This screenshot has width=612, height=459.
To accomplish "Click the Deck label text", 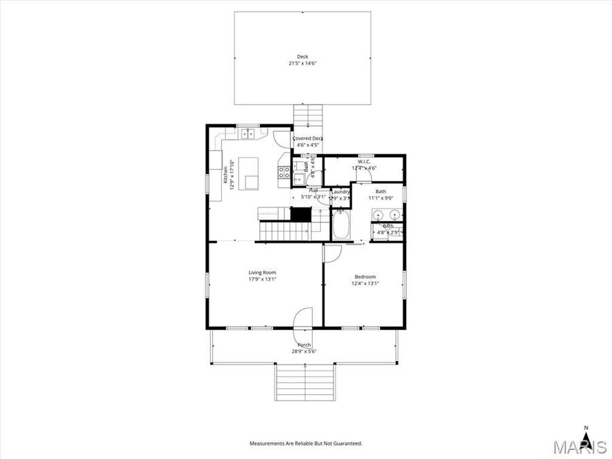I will (303, 56).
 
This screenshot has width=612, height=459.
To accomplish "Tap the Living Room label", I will (262, 273).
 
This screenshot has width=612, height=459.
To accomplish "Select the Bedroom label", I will (365, 277).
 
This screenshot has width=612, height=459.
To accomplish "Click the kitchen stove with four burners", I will (284, 172).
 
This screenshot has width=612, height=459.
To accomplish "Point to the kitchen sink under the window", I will (246, 134).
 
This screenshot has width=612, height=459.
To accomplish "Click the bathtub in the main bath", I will (341, 224).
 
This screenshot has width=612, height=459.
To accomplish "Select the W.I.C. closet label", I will (364, 162).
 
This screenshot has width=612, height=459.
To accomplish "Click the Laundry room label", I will (340, 192).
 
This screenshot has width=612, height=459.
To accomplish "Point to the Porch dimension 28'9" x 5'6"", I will (303, 351).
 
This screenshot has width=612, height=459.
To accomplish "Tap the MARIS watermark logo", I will (579, 447).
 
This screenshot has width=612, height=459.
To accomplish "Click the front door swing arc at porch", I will (303, 318).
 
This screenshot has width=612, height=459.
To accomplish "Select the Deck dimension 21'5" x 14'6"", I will (303, 63).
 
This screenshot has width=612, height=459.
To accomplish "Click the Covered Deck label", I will (307, 139).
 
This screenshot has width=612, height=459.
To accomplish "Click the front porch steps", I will (305, 383).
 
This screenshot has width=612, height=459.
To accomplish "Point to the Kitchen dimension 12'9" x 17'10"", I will (231, 175).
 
